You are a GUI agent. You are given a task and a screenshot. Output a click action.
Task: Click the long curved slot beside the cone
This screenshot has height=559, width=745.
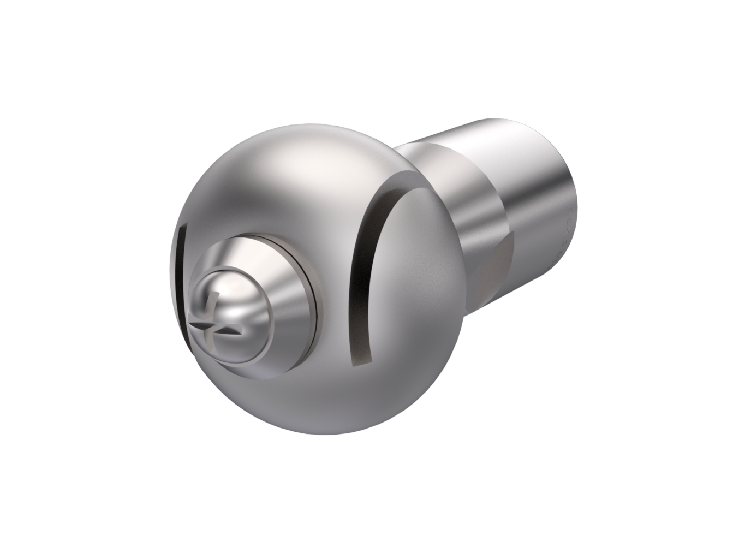tap(357, 273)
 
